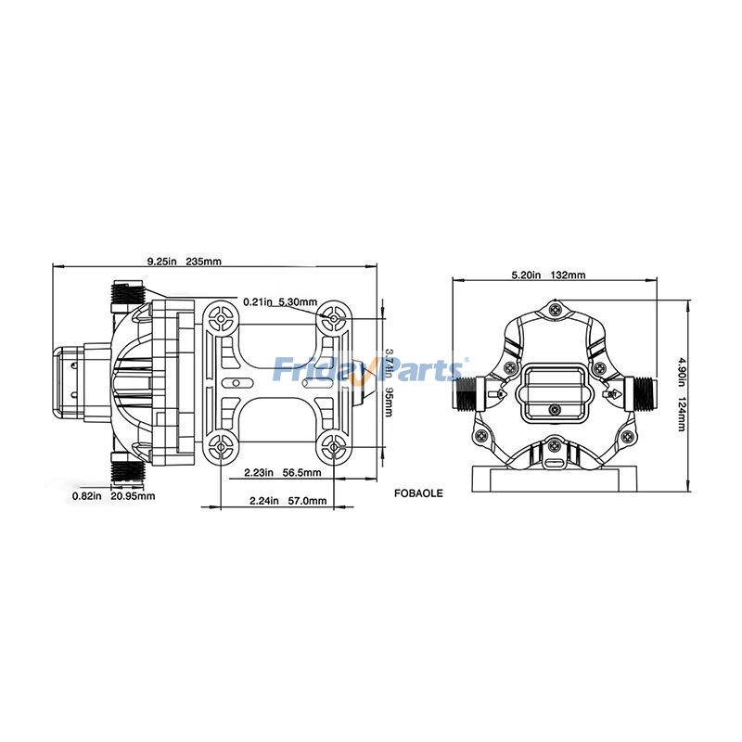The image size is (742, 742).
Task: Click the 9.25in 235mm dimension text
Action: point(185,262)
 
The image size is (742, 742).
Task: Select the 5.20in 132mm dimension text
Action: point(548,275)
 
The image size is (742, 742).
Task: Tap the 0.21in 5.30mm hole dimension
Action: point(280,302)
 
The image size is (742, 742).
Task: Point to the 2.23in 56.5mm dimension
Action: point(282,473)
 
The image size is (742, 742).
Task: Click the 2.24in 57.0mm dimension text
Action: point(288,501)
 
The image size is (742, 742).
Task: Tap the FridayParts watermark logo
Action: point(371,370)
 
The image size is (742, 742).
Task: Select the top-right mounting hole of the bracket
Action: point(335,318)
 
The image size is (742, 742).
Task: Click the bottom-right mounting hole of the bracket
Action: point(335,447)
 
